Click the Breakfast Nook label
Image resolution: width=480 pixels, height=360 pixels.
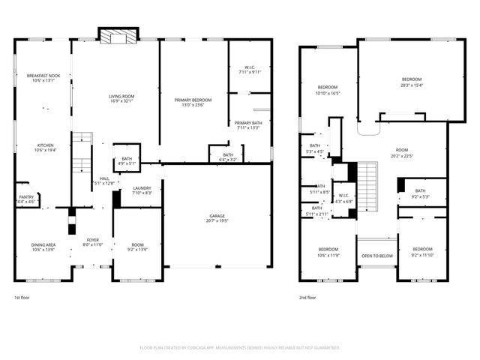(x=42, y=78)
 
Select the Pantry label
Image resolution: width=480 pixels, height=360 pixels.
(x=26, y=199)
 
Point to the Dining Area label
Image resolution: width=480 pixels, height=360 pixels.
(x=42, y=246)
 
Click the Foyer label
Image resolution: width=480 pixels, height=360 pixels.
(x=92, y=241)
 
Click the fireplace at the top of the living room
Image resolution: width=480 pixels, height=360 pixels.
(x=118, y=37)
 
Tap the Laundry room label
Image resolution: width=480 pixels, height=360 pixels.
(x=142, y=190)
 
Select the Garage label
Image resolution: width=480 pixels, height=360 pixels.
(x=217, y=218)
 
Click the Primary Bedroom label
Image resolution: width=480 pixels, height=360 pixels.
(x=193, y=102)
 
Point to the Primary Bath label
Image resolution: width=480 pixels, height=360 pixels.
(x=247, y=124)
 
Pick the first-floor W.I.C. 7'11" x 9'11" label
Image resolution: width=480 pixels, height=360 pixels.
(x=250, y=70)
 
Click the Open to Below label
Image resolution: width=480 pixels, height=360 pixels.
(x=376, y=256)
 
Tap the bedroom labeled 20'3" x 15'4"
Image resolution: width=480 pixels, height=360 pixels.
(x=412, y=82)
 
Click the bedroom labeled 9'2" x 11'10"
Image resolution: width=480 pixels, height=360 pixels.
(x=422, y=251)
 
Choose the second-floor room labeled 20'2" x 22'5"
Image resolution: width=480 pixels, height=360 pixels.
(x=402, y=154)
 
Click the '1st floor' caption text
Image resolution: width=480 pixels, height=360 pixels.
(x=22, y=298)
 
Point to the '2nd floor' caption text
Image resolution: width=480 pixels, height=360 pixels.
(x=307, y=298)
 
